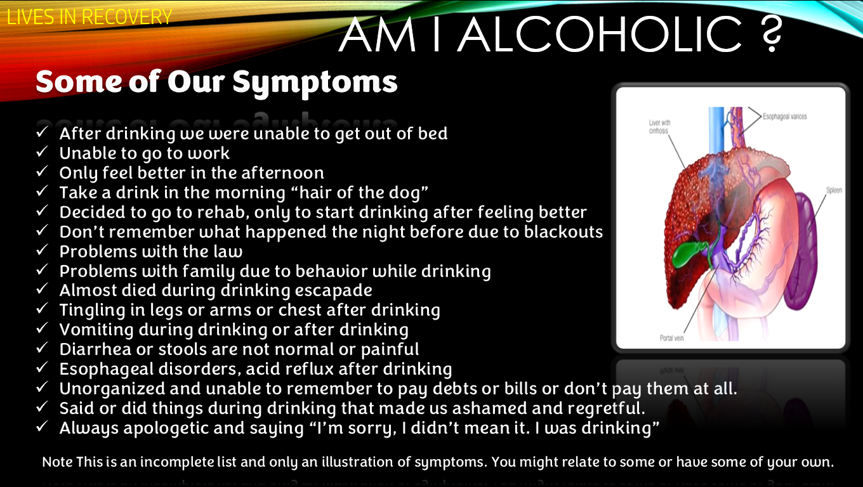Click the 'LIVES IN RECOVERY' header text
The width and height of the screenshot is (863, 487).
(x=89, y=17)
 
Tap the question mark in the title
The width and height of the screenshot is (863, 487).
(x=772, y=34)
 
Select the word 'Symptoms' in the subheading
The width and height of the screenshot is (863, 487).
(x=315, y=84)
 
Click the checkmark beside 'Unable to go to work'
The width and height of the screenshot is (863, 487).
(x=42, y=152)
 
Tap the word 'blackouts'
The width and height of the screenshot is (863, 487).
(x=563, y=231)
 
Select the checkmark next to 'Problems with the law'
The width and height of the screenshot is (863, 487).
(x=42, y=250)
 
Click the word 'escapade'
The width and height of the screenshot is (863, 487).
(x=334, y=291)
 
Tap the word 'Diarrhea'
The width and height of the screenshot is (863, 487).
(x=95, y=349)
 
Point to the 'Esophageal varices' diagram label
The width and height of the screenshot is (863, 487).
(x=785, y=116)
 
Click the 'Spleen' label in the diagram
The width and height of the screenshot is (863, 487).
(x=834, y=190)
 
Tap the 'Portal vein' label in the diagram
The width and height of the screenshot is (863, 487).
(x=671, y=338)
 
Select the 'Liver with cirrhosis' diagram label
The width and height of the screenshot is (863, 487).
(x=659, y=127)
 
